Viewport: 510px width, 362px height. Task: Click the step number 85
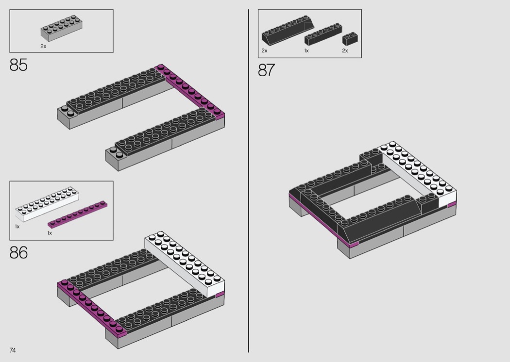click(x=18, y=65)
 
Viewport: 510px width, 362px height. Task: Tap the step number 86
click(x=18, y=252)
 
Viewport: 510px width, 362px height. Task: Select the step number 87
click(x=266, y=70)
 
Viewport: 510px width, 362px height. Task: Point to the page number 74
click(x=13, y=350)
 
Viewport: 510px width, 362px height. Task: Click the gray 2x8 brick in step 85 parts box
click(x=62, y=29)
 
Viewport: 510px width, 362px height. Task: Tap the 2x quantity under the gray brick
click(x=43, y=46)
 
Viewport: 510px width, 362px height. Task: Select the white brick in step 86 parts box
click(x=47, y=204)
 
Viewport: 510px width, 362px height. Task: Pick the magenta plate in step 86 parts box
click(x=77, y=214)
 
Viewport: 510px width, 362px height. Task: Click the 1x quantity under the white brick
click(x=17, y=227)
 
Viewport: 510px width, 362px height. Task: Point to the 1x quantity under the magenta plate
click(x=50, y=233)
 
